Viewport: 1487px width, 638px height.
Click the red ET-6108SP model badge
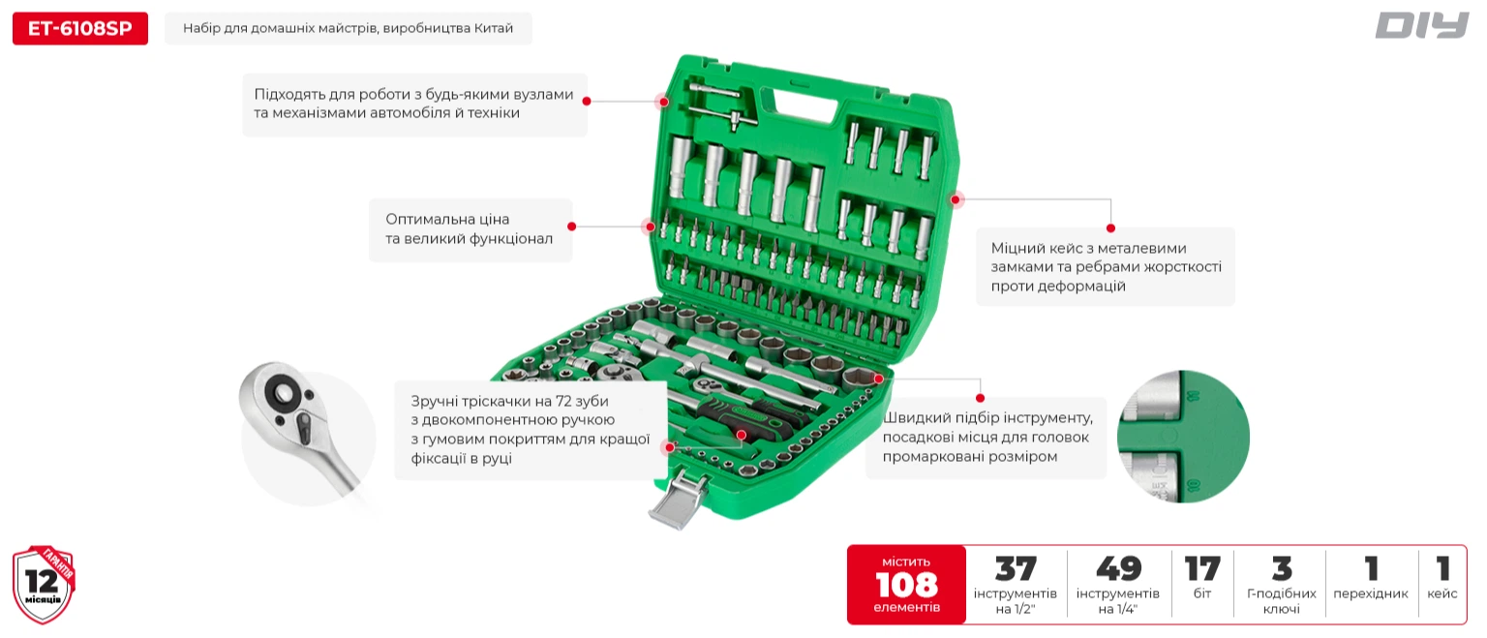tap(80, 28)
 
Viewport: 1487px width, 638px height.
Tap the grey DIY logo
tap(1422, 25)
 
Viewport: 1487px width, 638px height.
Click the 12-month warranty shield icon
tap(44, 585)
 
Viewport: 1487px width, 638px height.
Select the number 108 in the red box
tap(906, 585)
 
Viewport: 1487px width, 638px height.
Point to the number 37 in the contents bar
tap(1015, 569)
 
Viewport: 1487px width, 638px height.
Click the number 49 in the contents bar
tap(1118, 569)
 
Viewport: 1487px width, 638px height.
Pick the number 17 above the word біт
tap(1202, 569)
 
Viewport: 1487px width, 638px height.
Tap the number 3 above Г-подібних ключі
tap(1282, 569)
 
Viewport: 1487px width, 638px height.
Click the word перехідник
tap(1370, 593)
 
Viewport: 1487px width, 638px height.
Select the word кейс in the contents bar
tap(1441, 593)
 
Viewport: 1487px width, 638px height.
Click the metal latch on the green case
tap(677, 500)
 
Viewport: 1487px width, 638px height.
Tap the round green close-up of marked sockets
tap(1184, 437)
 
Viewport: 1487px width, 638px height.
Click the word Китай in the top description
tap(493, 28)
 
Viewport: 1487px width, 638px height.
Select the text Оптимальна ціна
tap(447, 219)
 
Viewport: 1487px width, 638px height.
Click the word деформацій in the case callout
tap(1058, 287)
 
